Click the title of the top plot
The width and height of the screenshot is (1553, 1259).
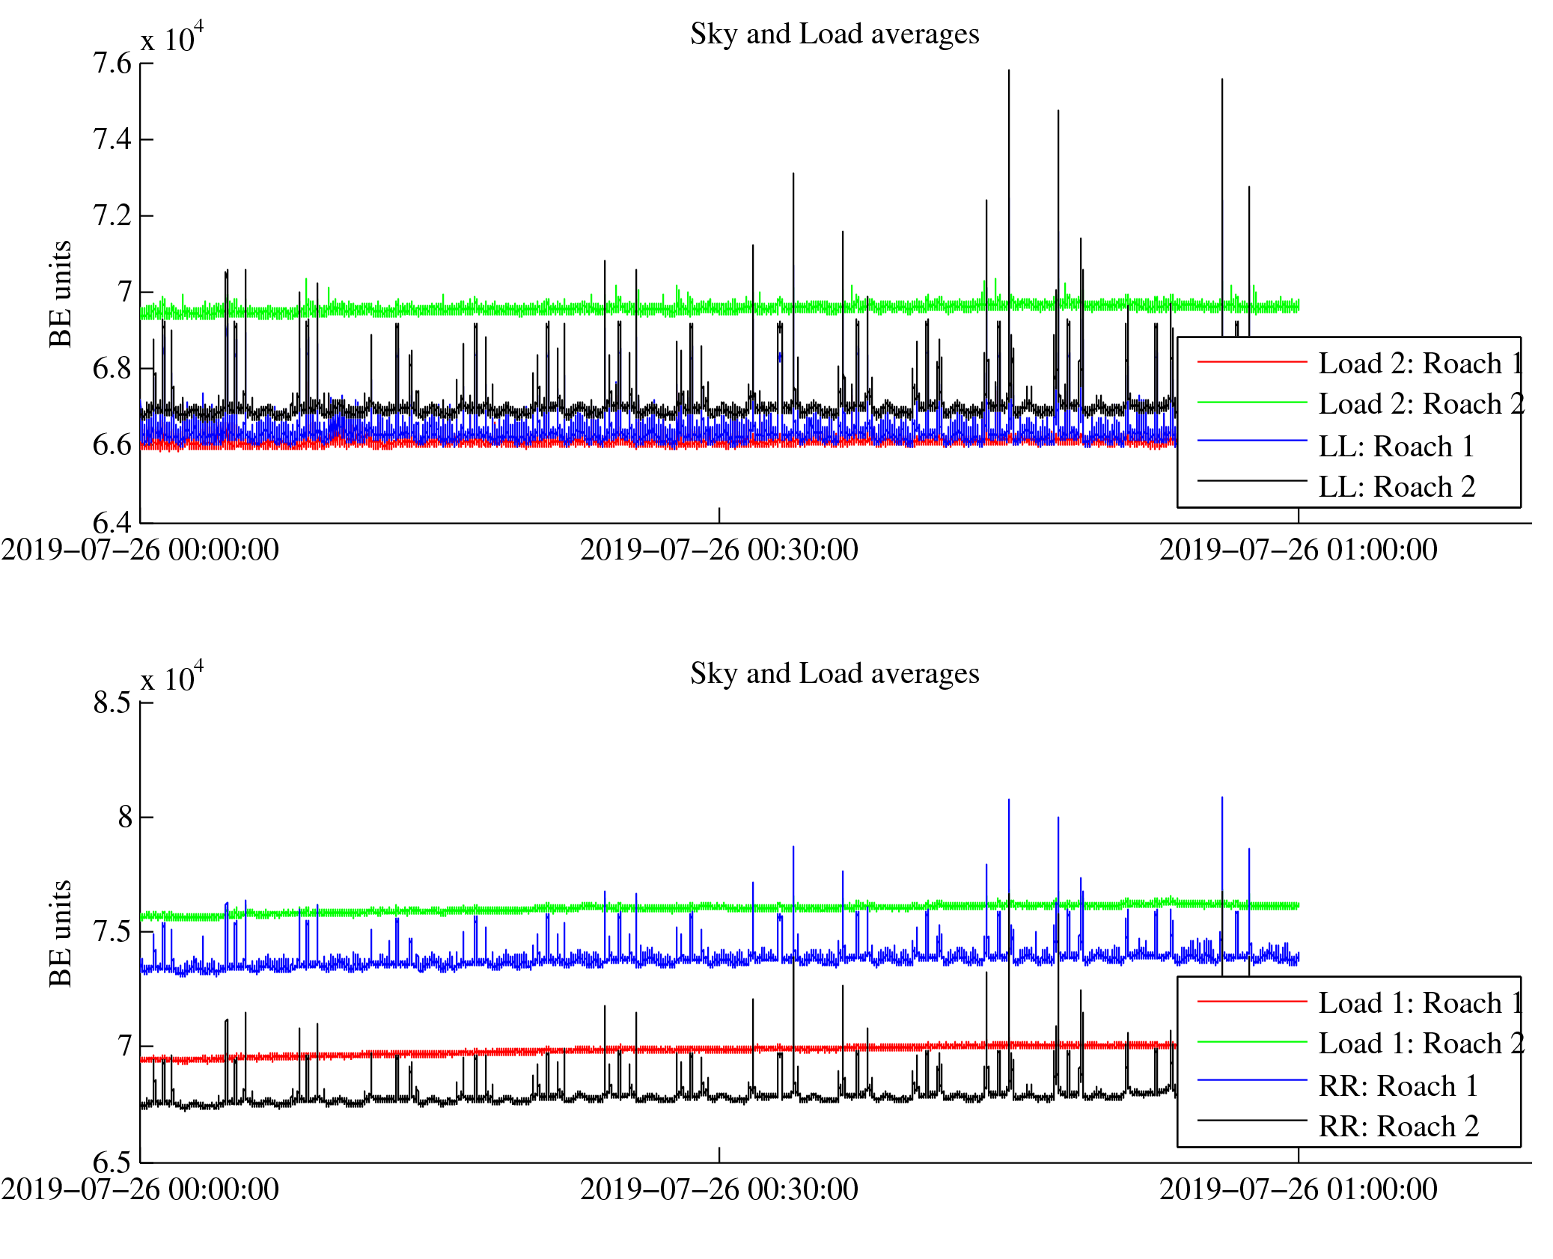(x=834, y=34)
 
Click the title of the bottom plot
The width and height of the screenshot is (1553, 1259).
(x=834, y=674)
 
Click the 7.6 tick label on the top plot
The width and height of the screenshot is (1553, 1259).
(x=112, y=64)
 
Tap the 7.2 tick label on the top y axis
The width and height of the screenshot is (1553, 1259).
(x=112, y=215)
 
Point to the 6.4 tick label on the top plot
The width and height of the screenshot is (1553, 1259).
(x=112, y=521)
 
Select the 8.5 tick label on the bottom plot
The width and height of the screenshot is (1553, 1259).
(x=112, y=703)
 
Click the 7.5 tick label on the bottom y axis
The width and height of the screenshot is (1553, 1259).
(x=112, y=932)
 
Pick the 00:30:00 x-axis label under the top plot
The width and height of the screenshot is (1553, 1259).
(x=718, y=551)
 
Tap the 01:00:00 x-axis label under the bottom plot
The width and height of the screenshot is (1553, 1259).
(x=1298, y=1190)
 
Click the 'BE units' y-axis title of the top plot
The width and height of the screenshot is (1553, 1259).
(x=61, y=294)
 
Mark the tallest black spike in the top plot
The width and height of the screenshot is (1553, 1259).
(x=1008, y=72)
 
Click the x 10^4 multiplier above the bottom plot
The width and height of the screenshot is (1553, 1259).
(x=172, y=678)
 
